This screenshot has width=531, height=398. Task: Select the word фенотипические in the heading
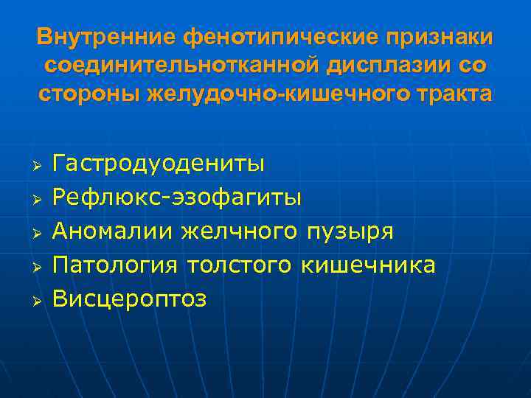coord(271,36)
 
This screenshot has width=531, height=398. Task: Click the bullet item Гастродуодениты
coord(159,163)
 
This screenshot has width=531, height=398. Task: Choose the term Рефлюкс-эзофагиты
coord(177,197)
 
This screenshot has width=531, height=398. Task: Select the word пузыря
coord(349,232)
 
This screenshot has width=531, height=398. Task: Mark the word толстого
coord(245,265)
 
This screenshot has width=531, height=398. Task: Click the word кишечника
coord(369,265)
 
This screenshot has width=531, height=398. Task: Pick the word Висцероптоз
coord(131,298)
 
